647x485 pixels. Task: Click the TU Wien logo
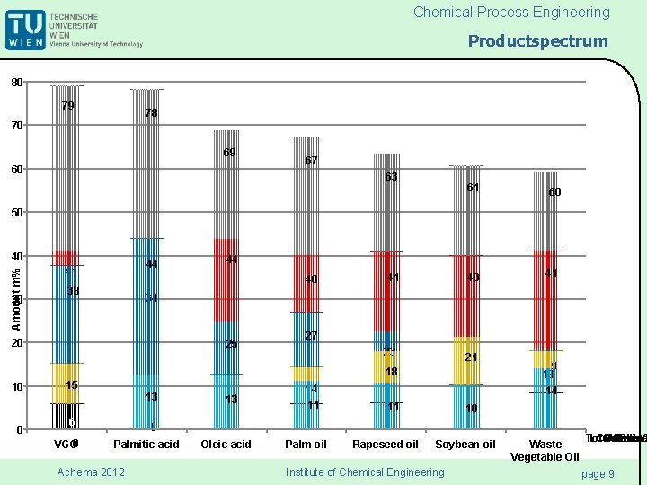click(x=74, y=30)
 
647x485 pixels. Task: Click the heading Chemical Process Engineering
click(x=511, y=13)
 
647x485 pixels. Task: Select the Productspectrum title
click(x=537, y=41)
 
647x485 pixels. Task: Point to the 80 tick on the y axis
click(x=16, y=83)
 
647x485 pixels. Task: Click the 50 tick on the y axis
click(x=16, y=213)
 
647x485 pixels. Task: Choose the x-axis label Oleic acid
click(x=226, y=445)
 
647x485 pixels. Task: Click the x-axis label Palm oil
click(x=306, y=445)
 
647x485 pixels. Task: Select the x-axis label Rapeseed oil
click(x=386, y=445)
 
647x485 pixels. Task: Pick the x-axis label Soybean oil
click(x=465, y=445)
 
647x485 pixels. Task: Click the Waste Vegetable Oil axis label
click(x=545, y=451)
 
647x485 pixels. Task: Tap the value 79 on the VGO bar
click(x=67, y=106)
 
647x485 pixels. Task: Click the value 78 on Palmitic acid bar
click(x=152, y=113)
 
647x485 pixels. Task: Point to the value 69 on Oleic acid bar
click(x=229, y=153)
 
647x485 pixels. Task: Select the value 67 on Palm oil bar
click(x=311, y=161)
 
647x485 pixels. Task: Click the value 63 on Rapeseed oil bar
click(x=391, y=177)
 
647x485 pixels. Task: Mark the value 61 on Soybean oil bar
click(x=473, y=187)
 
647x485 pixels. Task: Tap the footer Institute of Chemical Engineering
click(x=364, y=472)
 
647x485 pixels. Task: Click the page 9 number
click(x=598, y=473)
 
